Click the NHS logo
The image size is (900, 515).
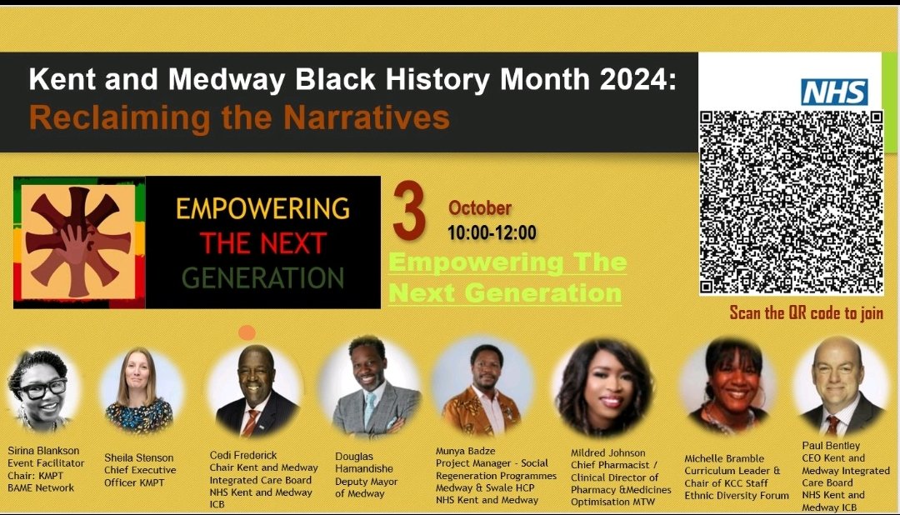tap(834, 92)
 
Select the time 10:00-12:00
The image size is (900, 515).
tap(492, 233)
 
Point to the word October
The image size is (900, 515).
tap(480, 208)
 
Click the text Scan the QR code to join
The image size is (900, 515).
tap(806, 313)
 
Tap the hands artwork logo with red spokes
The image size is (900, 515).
tap(79, 242)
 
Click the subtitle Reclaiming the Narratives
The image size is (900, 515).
tap(239, 117)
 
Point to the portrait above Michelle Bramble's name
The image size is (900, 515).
tap(722, 387)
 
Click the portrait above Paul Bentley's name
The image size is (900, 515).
tap(837, 387)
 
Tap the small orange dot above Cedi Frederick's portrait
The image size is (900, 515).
tap(247, 332)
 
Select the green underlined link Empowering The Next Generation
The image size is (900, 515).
tap(507, 277)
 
